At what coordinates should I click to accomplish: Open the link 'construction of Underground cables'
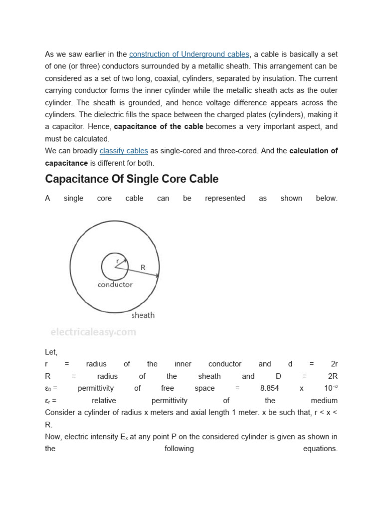tap(189, 54)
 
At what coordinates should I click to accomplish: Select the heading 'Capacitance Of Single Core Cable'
tap(132, 179)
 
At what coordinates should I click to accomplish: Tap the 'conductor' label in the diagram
tap(115, 284)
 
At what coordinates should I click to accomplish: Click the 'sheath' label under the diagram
tap(143, 315)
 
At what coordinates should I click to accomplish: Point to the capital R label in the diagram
tap(143, 267)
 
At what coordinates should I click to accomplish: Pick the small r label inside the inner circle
tap(118, 261)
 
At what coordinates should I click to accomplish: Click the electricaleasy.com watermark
tap(93, 332)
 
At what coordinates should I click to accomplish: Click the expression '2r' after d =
tap(334, 364)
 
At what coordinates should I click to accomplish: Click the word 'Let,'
tap(51, 352)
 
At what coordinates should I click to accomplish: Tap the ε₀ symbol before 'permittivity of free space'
tap(49, 388)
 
